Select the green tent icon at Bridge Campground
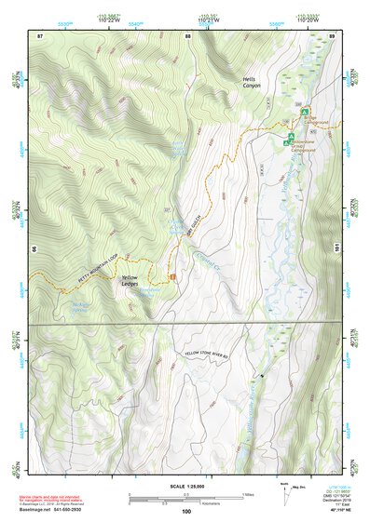pos(304,112)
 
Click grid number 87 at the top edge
pos(40,35)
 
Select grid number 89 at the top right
pos(332,35)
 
